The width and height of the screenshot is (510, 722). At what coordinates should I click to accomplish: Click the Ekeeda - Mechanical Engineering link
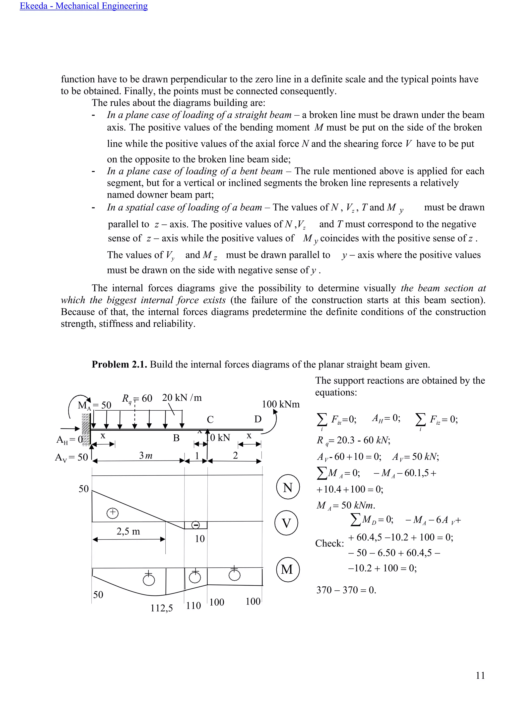[83, 6]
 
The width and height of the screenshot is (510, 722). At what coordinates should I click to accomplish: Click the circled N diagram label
[288, 487]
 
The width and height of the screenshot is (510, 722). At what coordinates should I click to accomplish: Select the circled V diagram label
[286, 523]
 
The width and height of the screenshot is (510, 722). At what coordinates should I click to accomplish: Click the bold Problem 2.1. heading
[119, 364]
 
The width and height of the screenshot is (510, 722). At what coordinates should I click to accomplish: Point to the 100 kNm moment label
[281, 404]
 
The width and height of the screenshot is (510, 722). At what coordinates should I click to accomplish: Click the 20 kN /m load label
[182, 398]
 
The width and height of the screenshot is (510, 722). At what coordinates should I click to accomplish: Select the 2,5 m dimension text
[128, 532]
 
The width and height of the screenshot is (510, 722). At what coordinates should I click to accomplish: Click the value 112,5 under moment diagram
[161, 608]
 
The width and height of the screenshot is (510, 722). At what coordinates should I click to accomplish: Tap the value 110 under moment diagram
[193, 606]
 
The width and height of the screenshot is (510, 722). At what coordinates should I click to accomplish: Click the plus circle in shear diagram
[112, 513]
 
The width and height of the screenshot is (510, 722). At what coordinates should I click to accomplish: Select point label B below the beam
[176, 438]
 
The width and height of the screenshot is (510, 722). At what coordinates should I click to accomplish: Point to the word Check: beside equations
[329, 543]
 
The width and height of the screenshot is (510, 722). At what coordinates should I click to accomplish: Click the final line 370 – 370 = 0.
[346, 590]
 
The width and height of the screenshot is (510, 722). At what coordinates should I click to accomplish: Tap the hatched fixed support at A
[86, 429]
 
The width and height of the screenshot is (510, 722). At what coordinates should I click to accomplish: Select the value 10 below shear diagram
[200, 539]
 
